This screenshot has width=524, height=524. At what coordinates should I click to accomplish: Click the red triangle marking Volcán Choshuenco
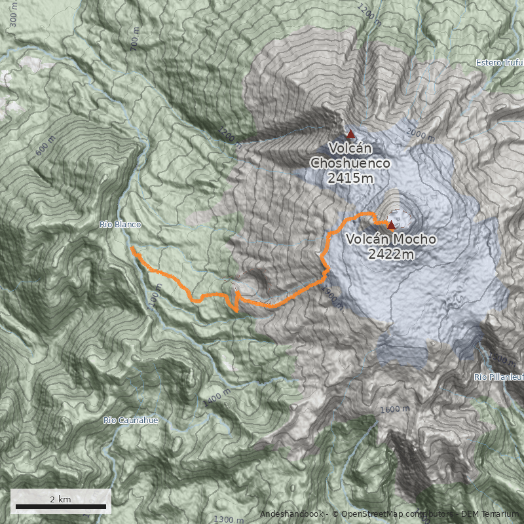[x=350, y=134]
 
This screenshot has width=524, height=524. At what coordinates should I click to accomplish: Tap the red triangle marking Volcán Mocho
[x=391, y=225]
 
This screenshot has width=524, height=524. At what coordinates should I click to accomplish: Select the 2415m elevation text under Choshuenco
[x=350, y=177]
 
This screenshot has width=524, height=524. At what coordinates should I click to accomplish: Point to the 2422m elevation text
[x=391, y=254]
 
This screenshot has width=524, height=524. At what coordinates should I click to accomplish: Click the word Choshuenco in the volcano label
[x=350, y=162]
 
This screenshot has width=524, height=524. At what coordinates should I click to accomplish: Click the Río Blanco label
[x=120, y=225]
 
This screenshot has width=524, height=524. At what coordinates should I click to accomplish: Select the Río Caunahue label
[x=131, y=420]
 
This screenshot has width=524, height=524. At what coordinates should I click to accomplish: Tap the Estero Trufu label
[x=498, y=64]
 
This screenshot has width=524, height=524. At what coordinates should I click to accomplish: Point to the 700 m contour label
[x=136, y=42]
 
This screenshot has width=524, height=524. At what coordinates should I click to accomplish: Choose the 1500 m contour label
[x=502, y=360]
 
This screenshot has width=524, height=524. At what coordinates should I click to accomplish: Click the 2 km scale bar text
[x=60, y=499]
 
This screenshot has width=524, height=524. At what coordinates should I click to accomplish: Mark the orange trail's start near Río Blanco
[x=132, y=250]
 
